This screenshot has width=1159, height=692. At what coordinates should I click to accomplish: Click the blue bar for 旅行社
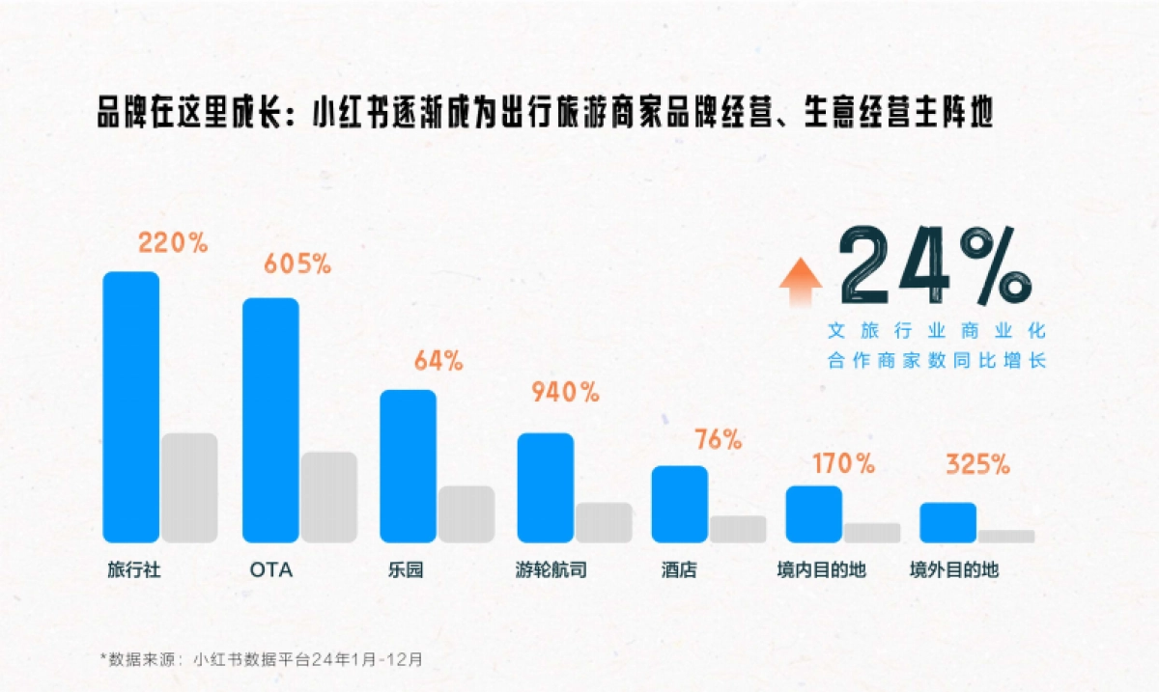(x=130, y=406)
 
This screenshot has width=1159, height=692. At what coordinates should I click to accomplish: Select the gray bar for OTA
(x=328, y=496)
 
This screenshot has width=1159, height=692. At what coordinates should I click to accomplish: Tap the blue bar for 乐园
(x=408, y=465)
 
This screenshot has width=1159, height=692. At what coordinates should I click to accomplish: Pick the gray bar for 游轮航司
(x=604, y=522)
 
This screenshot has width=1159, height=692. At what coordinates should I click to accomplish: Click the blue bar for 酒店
(x=679, y=504)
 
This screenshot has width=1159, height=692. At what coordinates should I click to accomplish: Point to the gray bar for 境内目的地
(x=871, y=533)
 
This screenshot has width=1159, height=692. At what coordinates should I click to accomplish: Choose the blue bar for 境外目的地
(x=947, y=522)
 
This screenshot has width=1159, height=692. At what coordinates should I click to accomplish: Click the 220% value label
(x=173, y=243)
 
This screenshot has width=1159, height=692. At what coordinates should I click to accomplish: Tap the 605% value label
(x=298, y=263)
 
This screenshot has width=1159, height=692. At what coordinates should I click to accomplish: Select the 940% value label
(x=565, y=392)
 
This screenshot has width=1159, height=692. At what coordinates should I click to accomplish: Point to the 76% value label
(x=718, y=440)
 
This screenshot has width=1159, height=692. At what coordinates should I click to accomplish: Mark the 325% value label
(x=977, y=464)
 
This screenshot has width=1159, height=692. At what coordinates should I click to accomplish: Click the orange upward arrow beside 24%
(x=801, y=282)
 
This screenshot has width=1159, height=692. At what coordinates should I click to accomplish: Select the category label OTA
(x=270, y=570)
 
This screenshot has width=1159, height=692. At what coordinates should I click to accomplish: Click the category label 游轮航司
(x=551, y=570)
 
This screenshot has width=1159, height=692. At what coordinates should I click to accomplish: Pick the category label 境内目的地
(x=821, y=570)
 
